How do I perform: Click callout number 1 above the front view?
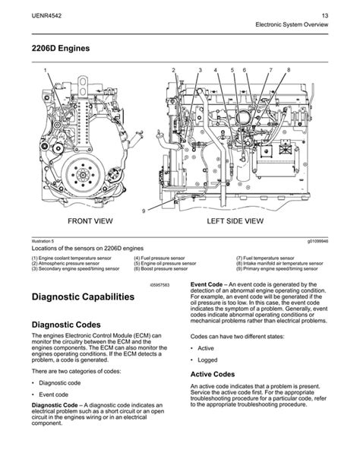(x=45, y=71)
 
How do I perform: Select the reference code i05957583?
(x=159, y=283)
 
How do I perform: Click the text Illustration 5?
(x=42, y=240)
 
